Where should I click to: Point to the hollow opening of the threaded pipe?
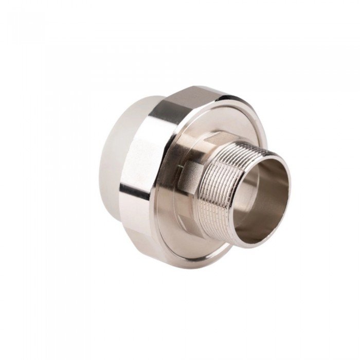click(265, 201)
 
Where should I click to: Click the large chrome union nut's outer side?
click(149, 170)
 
